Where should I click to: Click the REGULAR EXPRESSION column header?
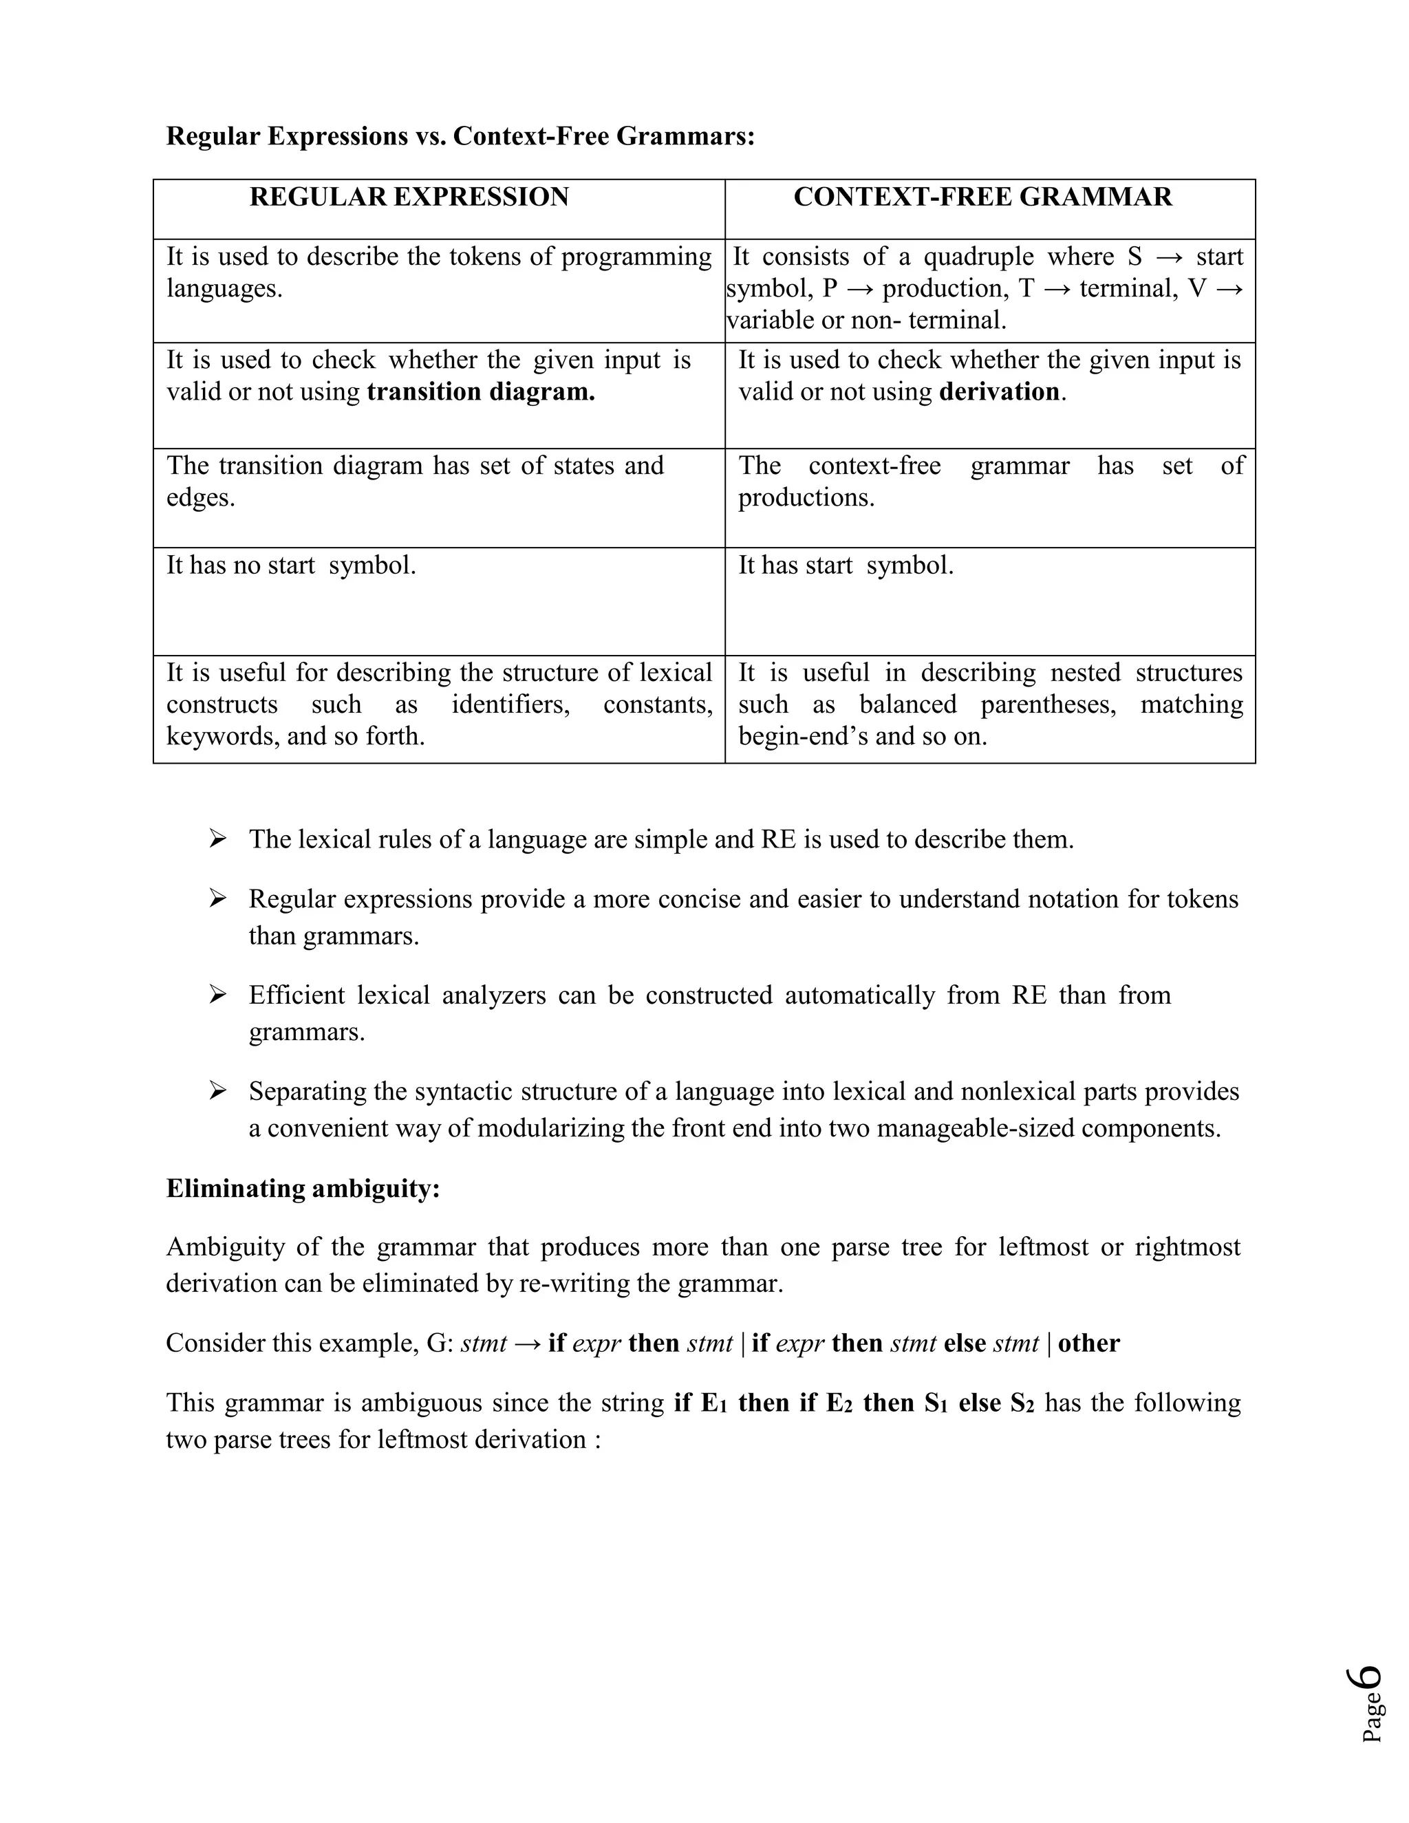[x=409, y=197]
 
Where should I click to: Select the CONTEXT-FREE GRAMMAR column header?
[x=982, y=197]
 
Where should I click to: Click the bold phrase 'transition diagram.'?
[x=481, y=391]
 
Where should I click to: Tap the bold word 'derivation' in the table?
[x=999, y=391]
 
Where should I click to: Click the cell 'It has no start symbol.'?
[x=290, y=566]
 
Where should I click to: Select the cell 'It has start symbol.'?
[x=846, y=566]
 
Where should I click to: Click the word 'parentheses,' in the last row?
[x=1048, y=704]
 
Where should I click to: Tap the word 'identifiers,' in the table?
[x=511, y=704]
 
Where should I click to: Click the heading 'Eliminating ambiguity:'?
[x=302, y=1189]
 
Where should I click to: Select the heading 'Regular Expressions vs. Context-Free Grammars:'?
[x=460, y=136]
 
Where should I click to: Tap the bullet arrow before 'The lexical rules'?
[x=218, y=838]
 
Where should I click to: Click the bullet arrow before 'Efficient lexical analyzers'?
[x=218, y=994]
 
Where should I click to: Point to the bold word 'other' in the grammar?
[x=1088, y=1343]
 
